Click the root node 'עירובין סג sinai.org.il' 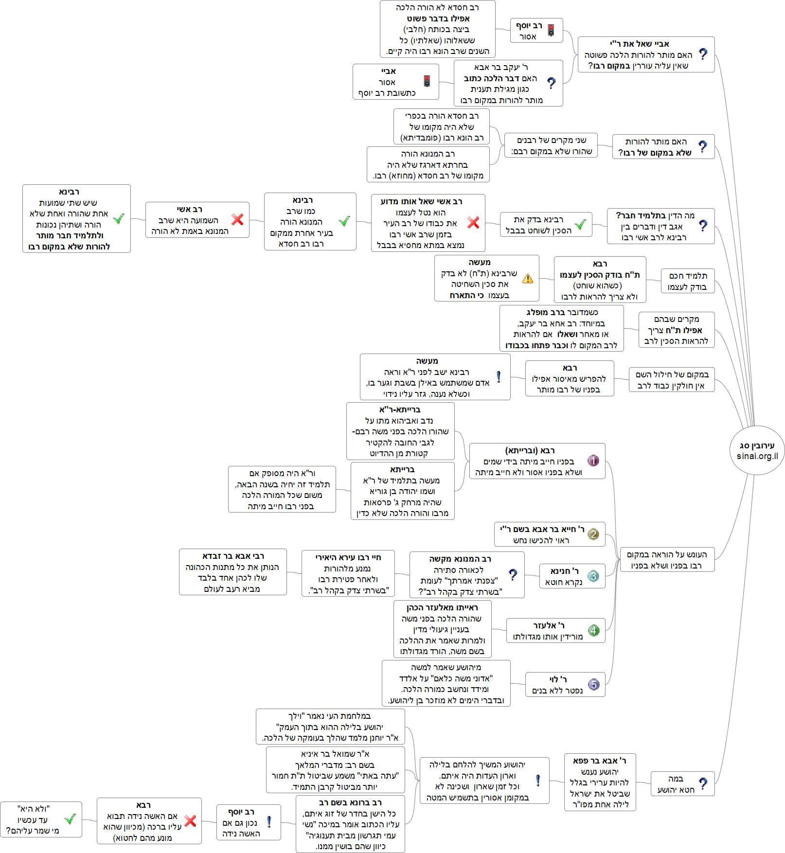click(x=757, y=450)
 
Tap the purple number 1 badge click(x=593, y=461)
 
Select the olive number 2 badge click(x=593, y=534)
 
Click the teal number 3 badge click(x=593, y=576)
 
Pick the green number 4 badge click(x=593, y=631)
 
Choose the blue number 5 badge click(x=593, y=685)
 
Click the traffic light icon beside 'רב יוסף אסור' click(x=551, y=30)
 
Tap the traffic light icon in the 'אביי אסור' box click(x=427, y=81)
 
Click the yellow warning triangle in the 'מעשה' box click(x=527, y=279)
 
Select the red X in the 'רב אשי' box click(x=237, y=219)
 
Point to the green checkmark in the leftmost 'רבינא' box click(x=119, y=219)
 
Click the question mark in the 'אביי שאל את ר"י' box click(x=703, y=54)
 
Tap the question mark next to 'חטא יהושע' click(x=703, y=783)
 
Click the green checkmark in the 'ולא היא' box click(x=70, y=819)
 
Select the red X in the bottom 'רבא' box click(x=190, y=821)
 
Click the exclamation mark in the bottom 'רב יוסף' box click(x=269, y=822)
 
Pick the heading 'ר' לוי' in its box click(x=558, y=679)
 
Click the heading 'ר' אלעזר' click(x=549, y=625)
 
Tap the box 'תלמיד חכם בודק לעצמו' click(x=688, y=281)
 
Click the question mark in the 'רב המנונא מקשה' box click(x=513, y=575)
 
